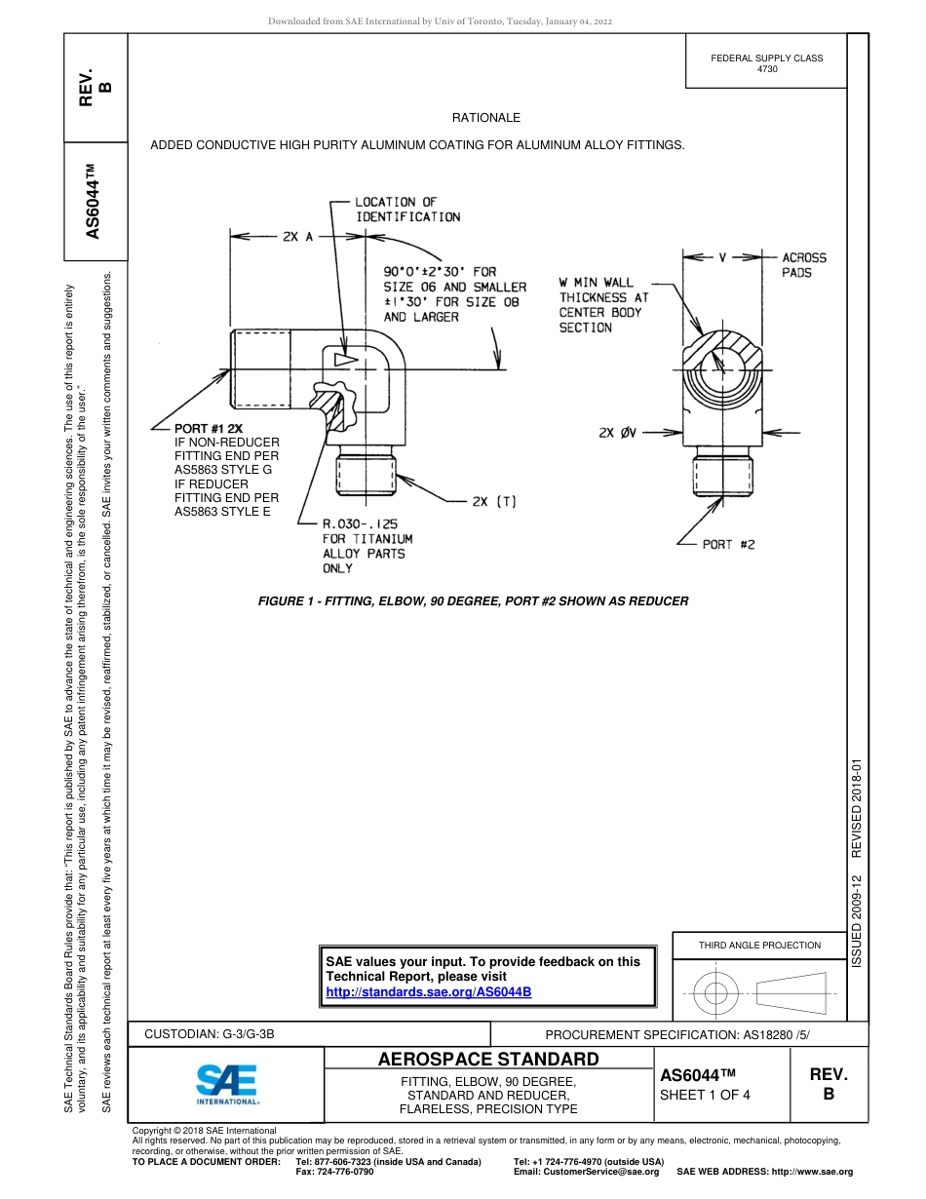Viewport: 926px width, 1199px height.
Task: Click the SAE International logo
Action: click(227, 1082)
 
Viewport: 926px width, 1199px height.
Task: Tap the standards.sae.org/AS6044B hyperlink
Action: click(428, 991)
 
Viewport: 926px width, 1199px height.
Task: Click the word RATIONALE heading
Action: click(485, 118)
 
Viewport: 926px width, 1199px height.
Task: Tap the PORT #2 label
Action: click(728, 545)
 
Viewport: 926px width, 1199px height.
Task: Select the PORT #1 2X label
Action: click(210, 428)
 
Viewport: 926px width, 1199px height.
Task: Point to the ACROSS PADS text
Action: click(803, 265)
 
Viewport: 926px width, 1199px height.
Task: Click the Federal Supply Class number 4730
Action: click(767, 69)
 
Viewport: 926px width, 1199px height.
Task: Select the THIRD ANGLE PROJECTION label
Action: click(759, 945)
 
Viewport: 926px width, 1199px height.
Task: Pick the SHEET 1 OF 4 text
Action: click(705, 1095)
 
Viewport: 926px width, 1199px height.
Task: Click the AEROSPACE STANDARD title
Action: click(488, 1060)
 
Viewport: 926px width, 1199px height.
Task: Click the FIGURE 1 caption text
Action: click(473, 601)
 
